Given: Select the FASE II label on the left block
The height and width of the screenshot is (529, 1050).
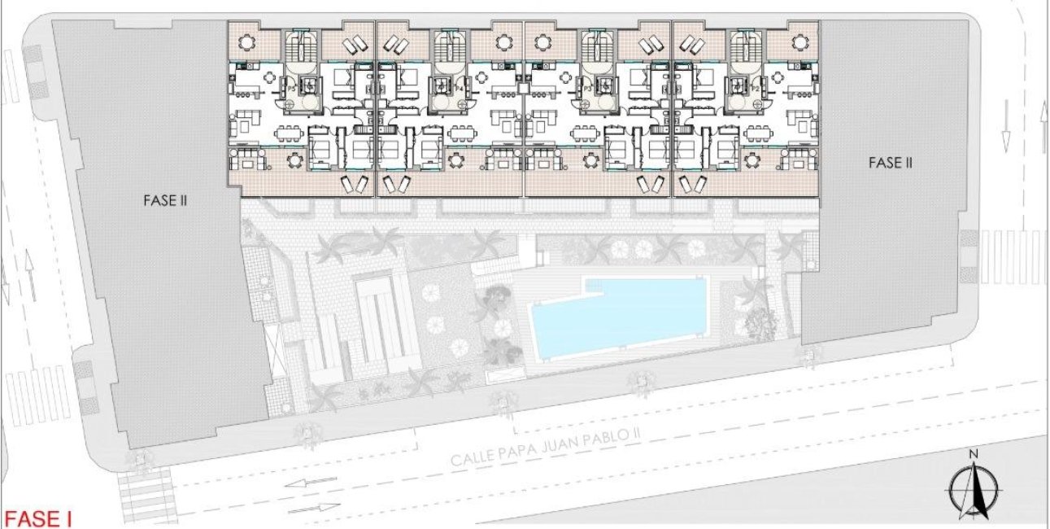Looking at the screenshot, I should (x=165, y=199).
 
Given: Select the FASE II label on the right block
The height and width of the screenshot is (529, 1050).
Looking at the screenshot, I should (x=890, y=163).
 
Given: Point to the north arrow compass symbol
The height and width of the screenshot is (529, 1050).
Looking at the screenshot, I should (x=974, y=492).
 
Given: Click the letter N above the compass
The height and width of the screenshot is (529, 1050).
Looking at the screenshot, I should (x=974, y=454).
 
